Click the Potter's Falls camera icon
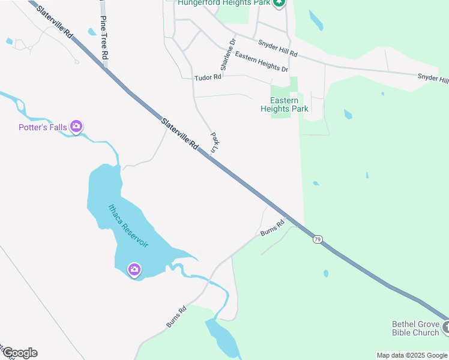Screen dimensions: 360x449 coord(76,126)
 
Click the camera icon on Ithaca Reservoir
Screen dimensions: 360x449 coord(134,269)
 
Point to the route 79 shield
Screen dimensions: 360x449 coord(318,239)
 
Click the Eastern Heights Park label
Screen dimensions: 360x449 coord(285,105)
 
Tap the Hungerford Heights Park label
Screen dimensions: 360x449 coord(223,3)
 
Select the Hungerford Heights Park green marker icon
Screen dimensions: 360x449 coord(279,4)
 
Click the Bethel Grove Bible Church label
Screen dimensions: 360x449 coord(415,328)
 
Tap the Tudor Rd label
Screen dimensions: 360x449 coord(205,79)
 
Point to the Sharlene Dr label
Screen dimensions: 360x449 coord(228,55)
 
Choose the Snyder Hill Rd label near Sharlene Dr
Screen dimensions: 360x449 coord(277,48)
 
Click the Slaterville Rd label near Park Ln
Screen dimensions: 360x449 coord(179,133)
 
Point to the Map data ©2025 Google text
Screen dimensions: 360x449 coord(412,355)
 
